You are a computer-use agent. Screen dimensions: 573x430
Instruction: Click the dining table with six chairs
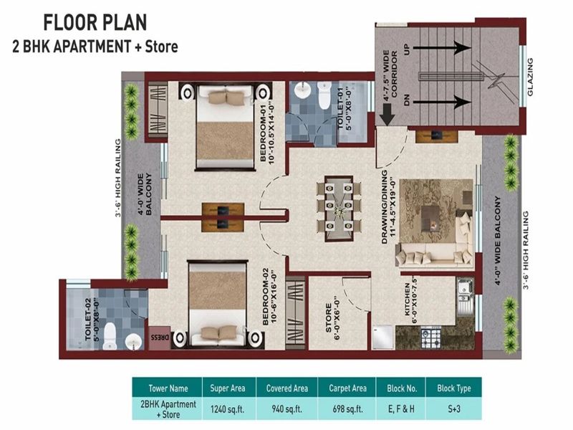(337, 208)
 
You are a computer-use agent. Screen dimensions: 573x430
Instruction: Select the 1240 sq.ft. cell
(228, 409)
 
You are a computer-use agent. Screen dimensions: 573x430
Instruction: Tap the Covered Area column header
(286, 388)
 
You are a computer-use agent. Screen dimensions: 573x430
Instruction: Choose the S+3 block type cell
(453, 409)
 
